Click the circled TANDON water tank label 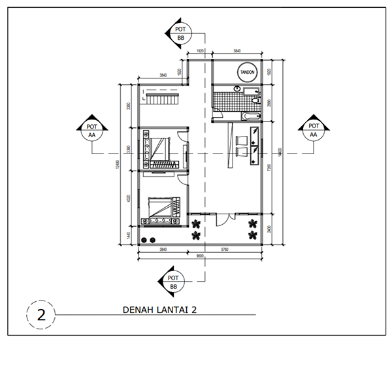(247, 72)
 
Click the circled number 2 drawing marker (41, 314)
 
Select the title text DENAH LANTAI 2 (159, 310)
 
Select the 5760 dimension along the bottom (225, 250)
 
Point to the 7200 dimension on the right (269, 167)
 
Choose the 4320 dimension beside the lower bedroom (129, 197)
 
